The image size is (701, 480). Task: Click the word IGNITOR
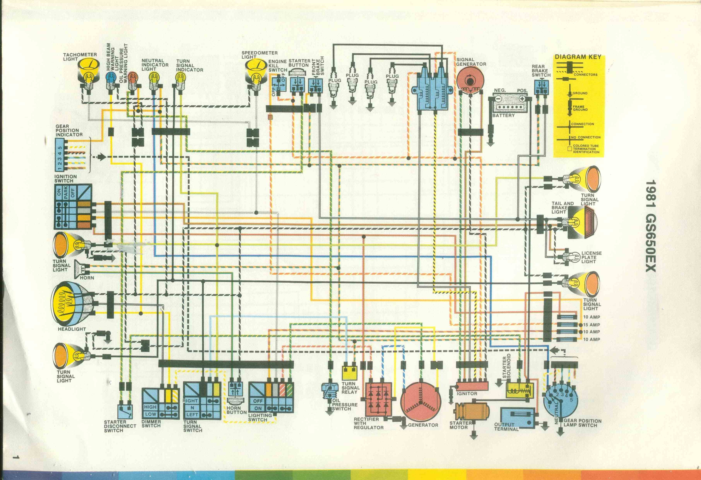(467, 393)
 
